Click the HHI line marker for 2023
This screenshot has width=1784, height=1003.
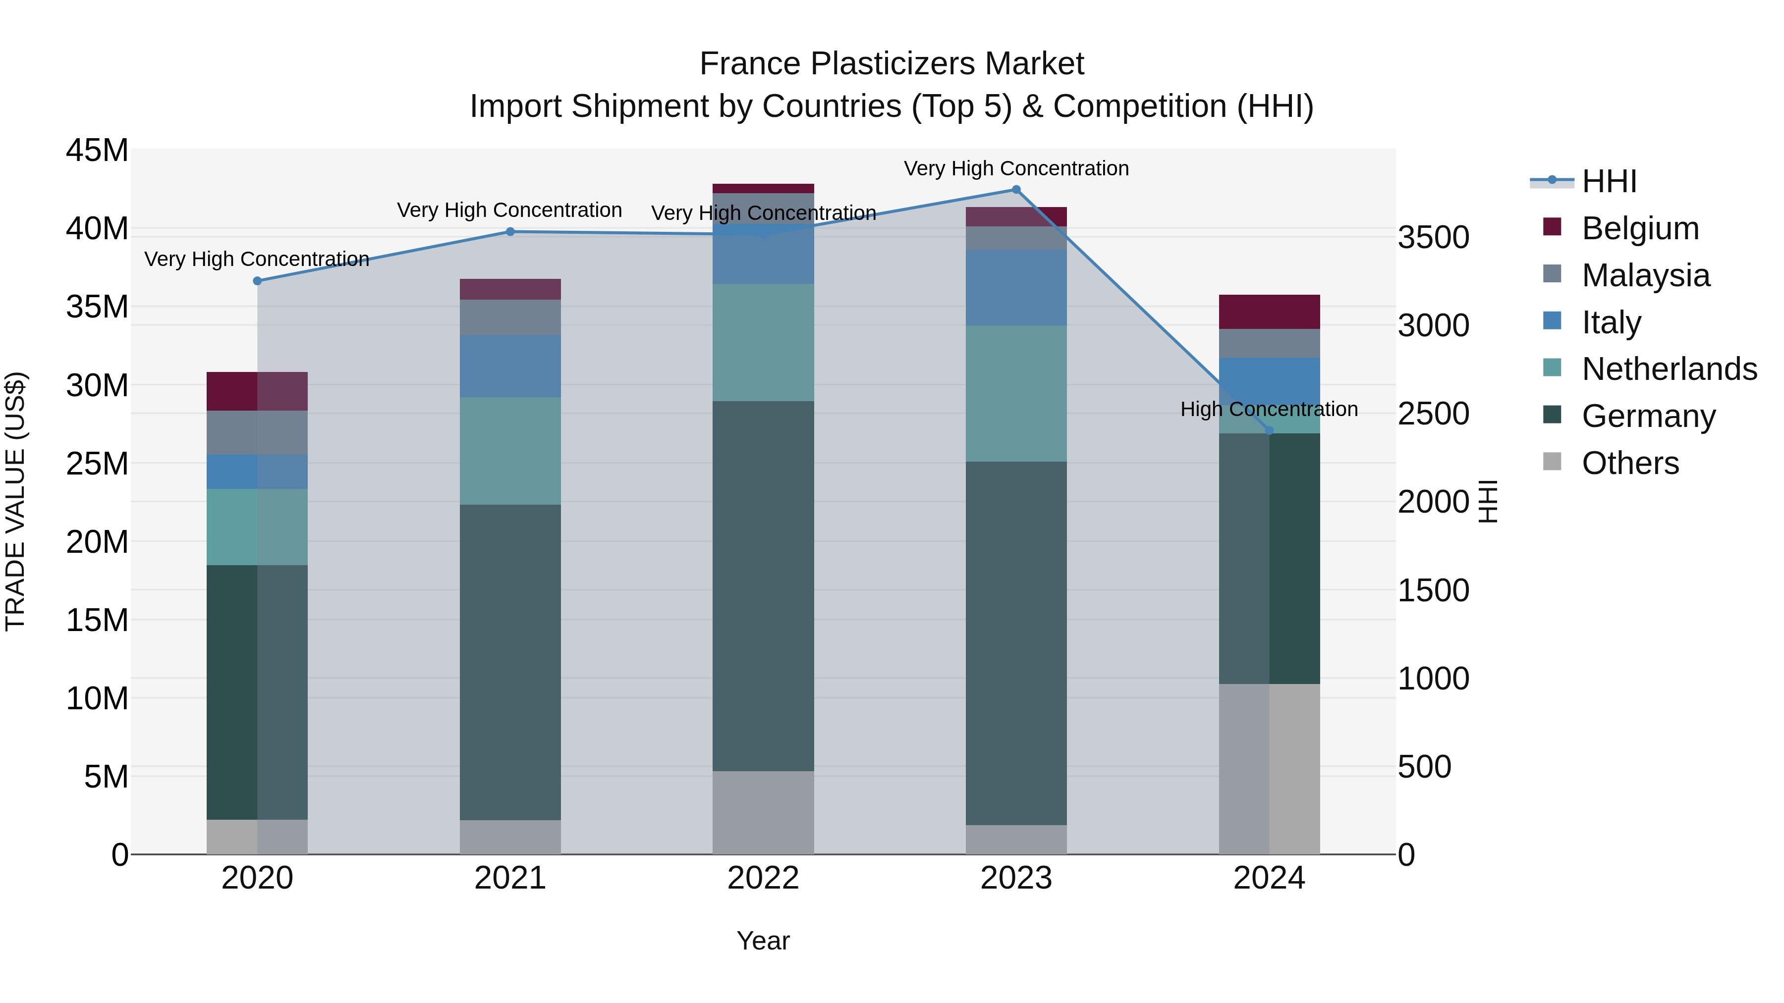[1016, 190]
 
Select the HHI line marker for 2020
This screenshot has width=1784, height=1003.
[257, 281]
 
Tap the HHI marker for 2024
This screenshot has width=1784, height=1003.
[1270, 430]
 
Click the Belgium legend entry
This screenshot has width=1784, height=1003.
[1639, 228]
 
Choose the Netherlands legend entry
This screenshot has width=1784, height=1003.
[1669, 369]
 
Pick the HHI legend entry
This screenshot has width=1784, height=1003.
[1609, 181]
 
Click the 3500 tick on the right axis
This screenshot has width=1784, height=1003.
[1433, 237]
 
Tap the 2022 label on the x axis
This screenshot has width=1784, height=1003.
[763, 878]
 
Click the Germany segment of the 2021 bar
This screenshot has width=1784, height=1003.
[510, 662]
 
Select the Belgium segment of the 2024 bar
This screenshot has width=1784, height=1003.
[1270, 312]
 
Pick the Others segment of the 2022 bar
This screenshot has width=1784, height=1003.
[763, 813]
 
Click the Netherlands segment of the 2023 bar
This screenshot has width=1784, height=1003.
[1016, 393]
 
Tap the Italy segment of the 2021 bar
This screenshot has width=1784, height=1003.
[510, 366]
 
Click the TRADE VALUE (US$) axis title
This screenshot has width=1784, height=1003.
[15, 501]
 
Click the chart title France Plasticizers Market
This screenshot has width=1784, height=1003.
[892, 64]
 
